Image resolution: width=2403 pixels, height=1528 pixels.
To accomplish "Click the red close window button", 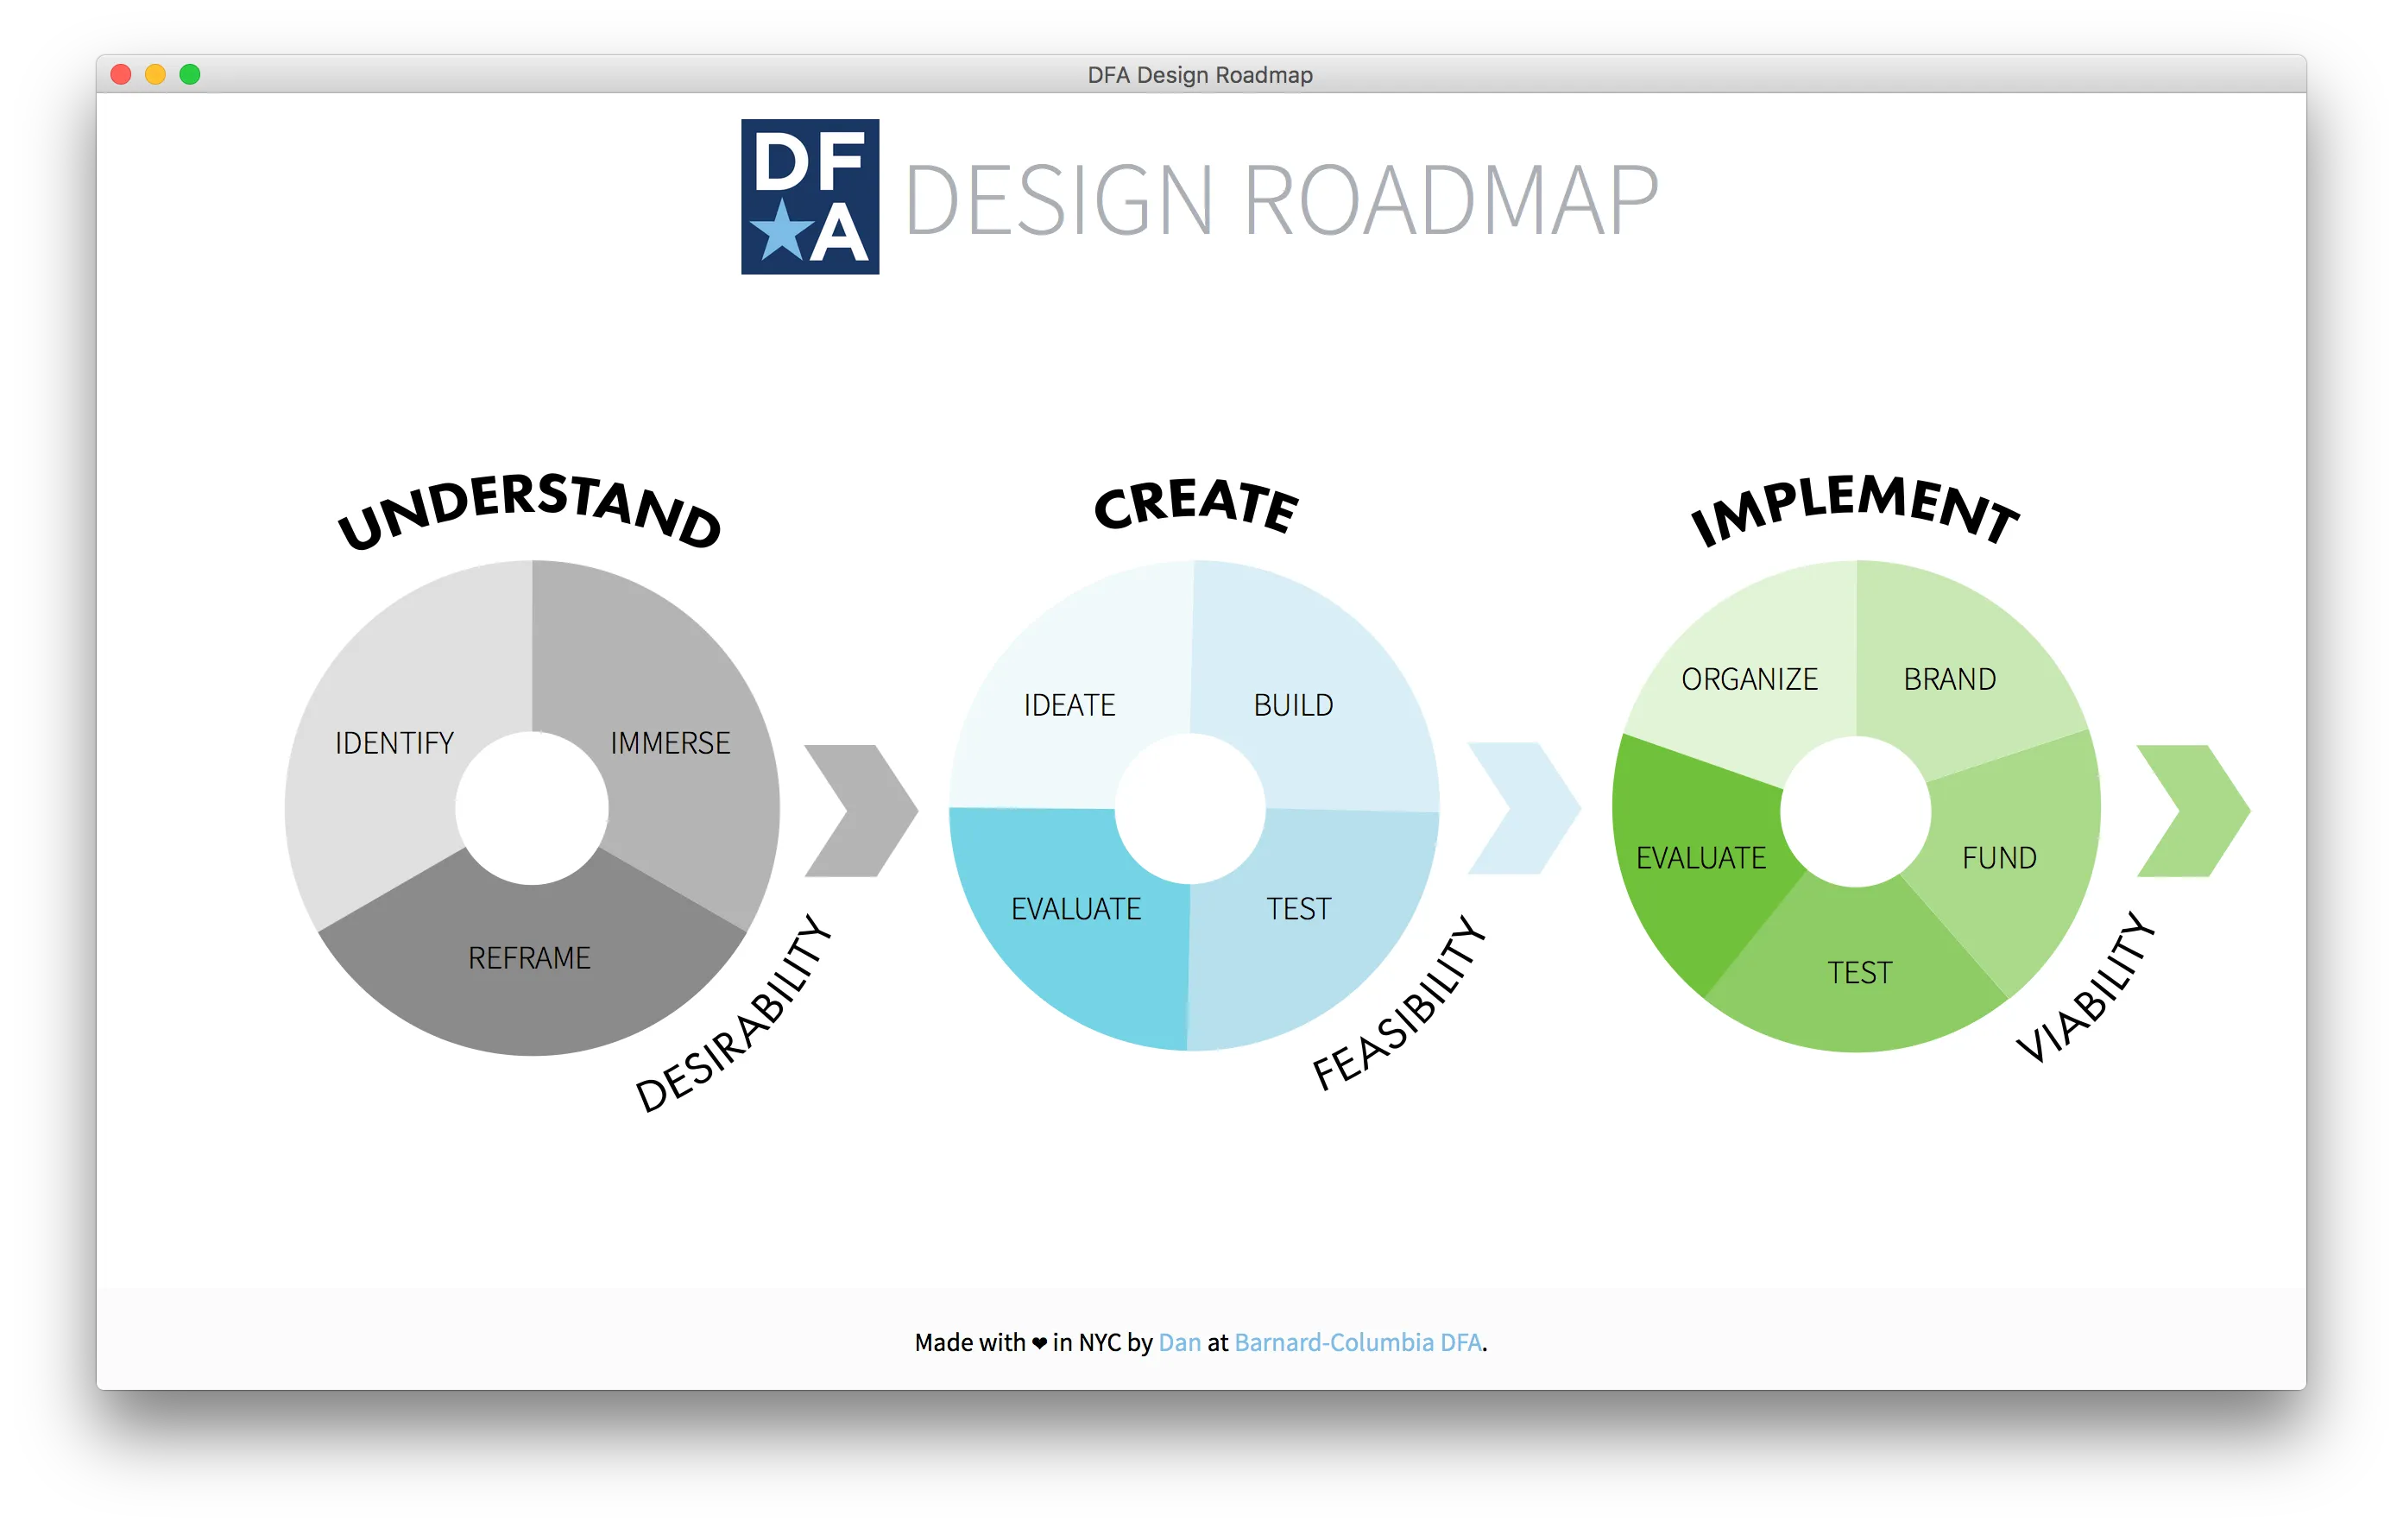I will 121,75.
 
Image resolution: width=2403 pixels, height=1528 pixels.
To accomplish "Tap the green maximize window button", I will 190,75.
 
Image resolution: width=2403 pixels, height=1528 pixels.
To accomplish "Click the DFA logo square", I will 810,197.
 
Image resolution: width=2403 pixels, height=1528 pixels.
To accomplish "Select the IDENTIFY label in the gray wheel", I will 394,743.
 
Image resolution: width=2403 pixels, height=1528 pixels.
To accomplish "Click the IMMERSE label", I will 670,743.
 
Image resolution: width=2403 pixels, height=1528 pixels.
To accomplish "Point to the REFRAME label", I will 529,958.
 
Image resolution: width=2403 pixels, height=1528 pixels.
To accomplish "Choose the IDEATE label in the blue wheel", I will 1069,705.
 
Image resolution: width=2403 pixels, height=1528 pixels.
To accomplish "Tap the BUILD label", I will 1293,705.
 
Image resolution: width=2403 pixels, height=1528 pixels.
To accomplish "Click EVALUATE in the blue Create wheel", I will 1075,909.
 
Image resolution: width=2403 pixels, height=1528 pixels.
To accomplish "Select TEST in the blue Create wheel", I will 1298,909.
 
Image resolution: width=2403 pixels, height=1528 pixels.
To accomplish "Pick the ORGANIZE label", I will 1750,679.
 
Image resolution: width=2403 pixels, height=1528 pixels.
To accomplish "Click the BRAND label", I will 1949,679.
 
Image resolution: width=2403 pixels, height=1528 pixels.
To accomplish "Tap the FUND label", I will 1999,858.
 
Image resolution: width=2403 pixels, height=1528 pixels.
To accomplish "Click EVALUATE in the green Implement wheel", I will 1700,858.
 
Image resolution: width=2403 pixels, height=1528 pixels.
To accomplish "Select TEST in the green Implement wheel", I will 1859,973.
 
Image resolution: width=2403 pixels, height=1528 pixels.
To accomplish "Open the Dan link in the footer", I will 1180,1342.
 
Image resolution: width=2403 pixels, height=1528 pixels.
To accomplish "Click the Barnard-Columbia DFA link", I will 1357,1342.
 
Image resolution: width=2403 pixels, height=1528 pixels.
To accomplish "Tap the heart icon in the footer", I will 1039,1343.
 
